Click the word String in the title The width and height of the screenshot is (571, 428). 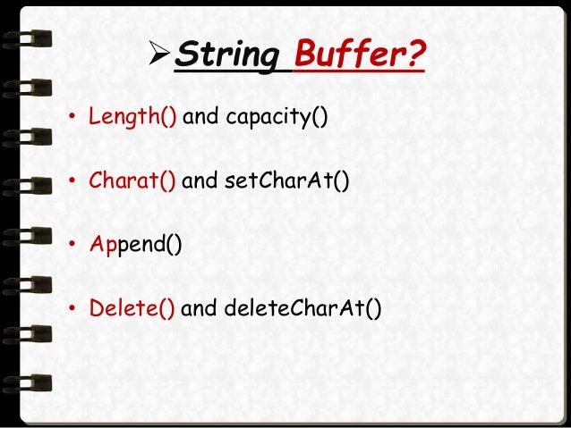(226, 56)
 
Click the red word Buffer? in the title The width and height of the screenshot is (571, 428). (360, 56)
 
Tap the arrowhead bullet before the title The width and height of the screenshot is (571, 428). (154, 56)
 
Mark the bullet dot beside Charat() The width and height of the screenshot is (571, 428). (72, 183)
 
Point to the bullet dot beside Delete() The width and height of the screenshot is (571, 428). (72, 311)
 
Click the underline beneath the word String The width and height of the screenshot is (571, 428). (226, 73)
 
